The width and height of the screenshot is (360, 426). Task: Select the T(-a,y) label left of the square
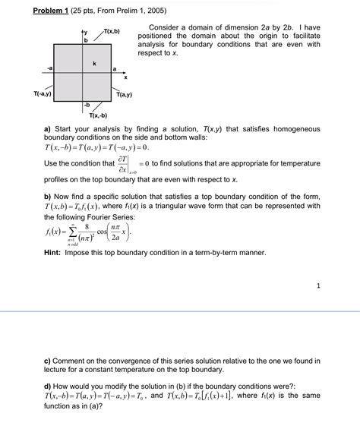point(42,94)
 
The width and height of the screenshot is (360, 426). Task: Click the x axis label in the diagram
point(126,77)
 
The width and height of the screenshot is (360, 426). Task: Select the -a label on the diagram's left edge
point(49,68)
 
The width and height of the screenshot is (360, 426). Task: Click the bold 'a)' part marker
point(47,129)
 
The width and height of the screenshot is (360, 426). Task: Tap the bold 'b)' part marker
point(47,196)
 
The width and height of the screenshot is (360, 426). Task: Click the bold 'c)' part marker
point(47,361)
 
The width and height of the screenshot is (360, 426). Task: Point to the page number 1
point(317,286)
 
